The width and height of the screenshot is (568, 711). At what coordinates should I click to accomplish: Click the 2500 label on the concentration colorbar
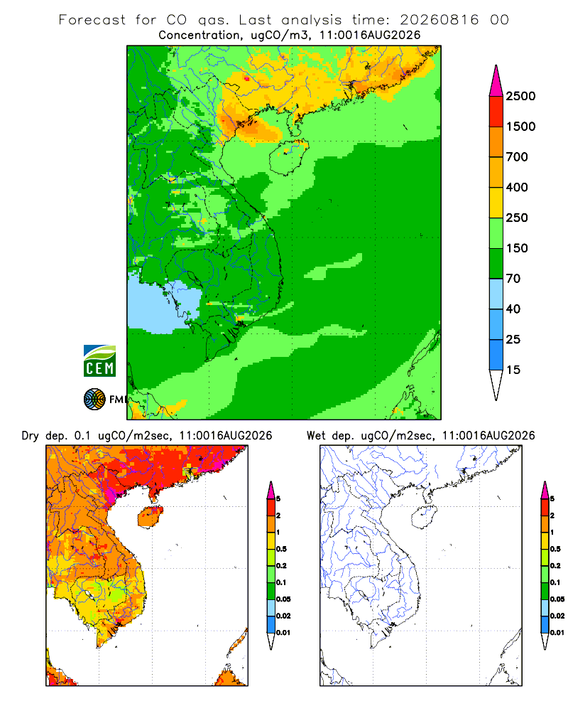[520, 96]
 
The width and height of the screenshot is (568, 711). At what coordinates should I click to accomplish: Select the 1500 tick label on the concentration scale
[520, 127]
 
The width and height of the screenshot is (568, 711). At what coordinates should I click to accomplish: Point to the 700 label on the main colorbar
[517, 157]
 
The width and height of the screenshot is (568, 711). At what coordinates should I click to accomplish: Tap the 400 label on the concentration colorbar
[517, 187]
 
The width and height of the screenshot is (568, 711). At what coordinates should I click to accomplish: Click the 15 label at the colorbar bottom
[513, 370]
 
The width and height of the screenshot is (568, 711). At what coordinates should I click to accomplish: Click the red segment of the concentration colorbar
[496, 112]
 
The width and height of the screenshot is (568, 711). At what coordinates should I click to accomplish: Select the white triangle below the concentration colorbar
[496, 383]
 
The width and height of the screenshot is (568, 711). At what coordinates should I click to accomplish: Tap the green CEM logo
[99, 361]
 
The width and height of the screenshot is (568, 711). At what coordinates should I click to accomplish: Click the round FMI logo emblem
[94, 400]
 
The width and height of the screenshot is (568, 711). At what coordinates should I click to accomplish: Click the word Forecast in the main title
[92, 20]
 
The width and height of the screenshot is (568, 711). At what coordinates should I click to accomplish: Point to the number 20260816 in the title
[439, 20]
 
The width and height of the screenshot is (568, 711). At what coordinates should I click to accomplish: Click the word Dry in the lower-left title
[30, 437]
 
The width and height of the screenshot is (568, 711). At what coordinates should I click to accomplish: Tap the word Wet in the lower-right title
[316, 437]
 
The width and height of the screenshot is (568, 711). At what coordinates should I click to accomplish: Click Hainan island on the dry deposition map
[151, 517]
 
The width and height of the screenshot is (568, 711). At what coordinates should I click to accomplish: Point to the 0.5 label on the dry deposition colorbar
[281, 549]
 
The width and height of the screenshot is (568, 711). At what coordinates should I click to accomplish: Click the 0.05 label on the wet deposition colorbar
[557, 599]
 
